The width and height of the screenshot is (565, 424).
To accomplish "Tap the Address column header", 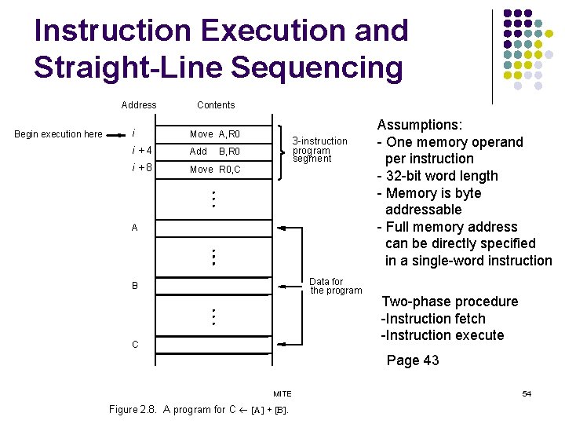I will pyautogui.click(x=139, y=105).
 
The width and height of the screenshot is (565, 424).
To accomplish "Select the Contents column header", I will pyautogui.click(x=216, y=105).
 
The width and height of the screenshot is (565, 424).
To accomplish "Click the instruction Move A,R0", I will pyautogui.click(x=215, y=134).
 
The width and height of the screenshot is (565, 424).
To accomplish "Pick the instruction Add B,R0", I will pyautogui.click(x=215, y=152).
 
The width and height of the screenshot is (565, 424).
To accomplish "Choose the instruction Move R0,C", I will pyautogui.click(x=215, y=170).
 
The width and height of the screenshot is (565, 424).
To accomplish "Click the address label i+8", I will pyautogui.click(x=142, y=168).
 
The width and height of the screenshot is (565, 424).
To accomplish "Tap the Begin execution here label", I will pyautogui.click(x=59, y=134).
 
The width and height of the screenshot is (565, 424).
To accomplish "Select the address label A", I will pyautogui.click(x=134, y=228).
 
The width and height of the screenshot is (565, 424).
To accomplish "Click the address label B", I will pyautogui.click(x=134, y=286).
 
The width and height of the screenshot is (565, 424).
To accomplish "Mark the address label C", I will pyautogui.click(x=134, y=345).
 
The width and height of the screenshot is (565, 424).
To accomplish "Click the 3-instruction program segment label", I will pyautogui.click(x=319, y=150).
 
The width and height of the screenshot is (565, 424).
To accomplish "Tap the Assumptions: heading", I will pyautogui.click(x=419, y=125).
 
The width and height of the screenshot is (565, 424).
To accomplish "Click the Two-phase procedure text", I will pyautogui.click(x=450, y=302).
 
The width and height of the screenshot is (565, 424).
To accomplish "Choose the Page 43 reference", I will pyautogui.click(x=412, y=360).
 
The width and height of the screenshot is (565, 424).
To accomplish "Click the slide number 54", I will pyautogui.click(x=527, y=393).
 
